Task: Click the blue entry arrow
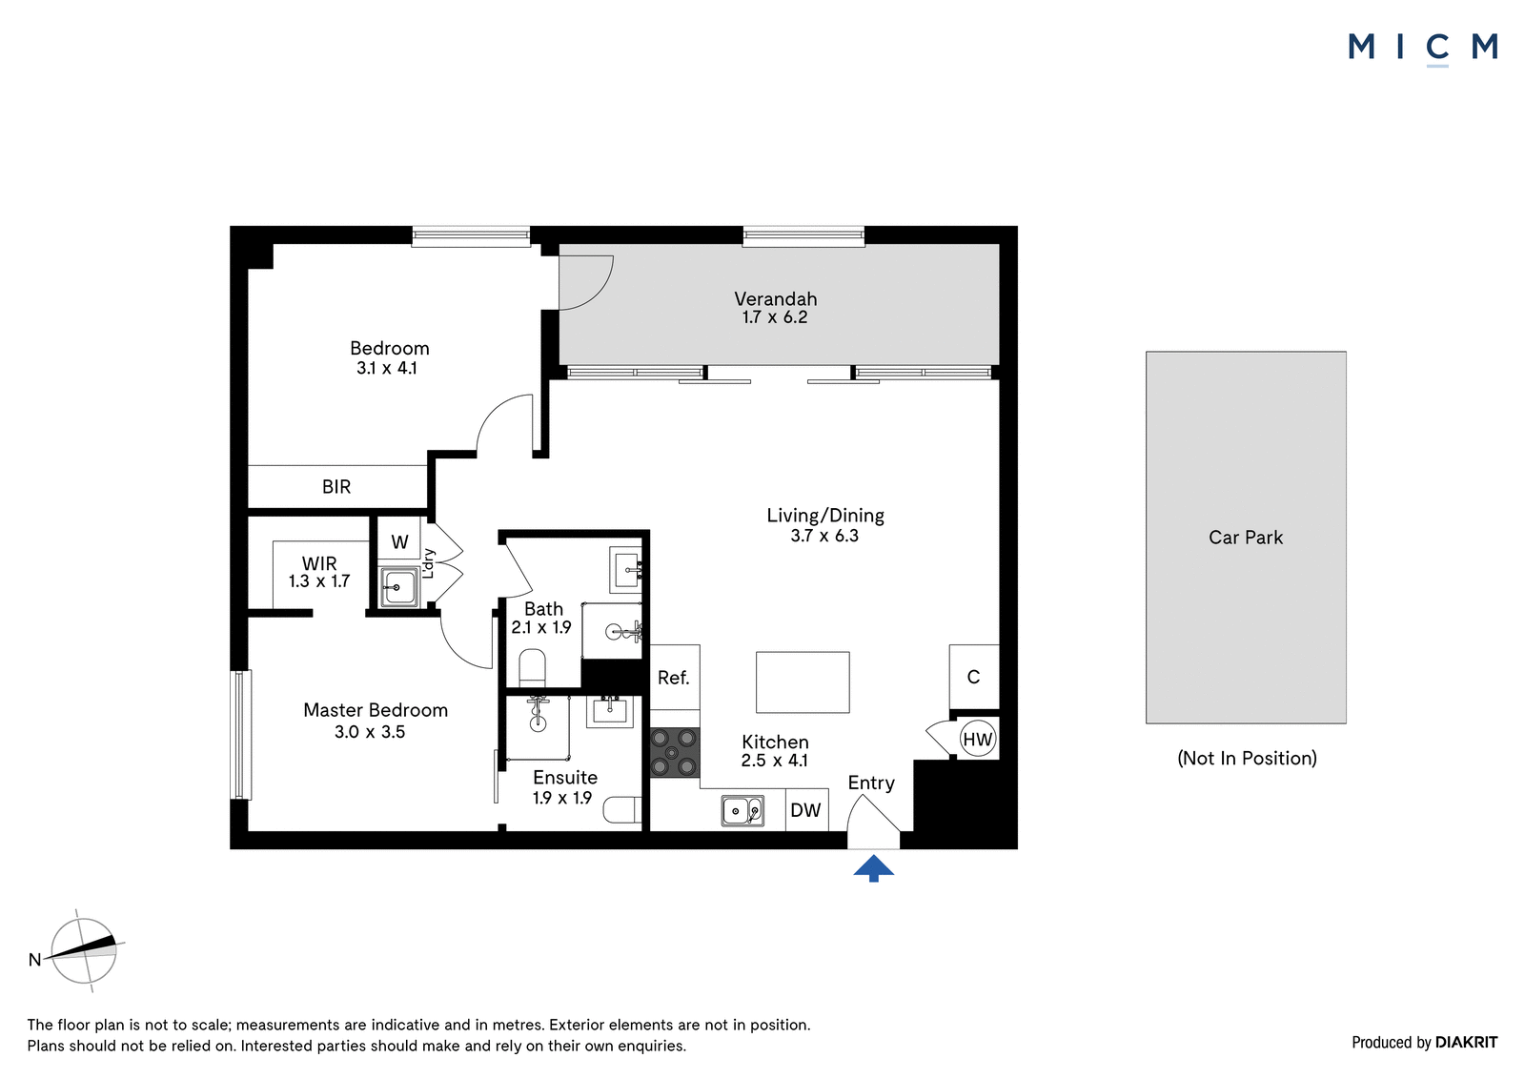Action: click(x=873, y=869)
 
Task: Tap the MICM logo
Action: click(x=1423, y=49)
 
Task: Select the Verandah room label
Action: click(x=776, y=299)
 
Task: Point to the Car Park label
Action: click(x=1245, y=538)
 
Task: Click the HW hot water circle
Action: click(x=978, y=739)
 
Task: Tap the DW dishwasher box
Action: click(x=806, y=810)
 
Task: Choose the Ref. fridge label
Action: click(x=673, y=678)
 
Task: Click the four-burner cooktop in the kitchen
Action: click(x=675, y=752)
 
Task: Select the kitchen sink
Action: click(x=742, y=811)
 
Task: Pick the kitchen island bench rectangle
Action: click(x=803, y=682)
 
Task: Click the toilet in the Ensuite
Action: click(x=623, y=810)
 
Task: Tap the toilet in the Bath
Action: click(x=533, y=668)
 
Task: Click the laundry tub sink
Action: click(x=398, y=586)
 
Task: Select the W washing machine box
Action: click(x=399, y=541)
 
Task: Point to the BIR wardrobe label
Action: click(x=336, y=487)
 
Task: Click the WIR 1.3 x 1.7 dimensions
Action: click(x=319, y=580)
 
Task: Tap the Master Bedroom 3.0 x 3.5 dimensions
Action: click(x=370, y=732)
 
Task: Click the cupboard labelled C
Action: click(x=974, y=677)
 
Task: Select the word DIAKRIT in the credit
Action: click(x=1467, y=1042)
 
